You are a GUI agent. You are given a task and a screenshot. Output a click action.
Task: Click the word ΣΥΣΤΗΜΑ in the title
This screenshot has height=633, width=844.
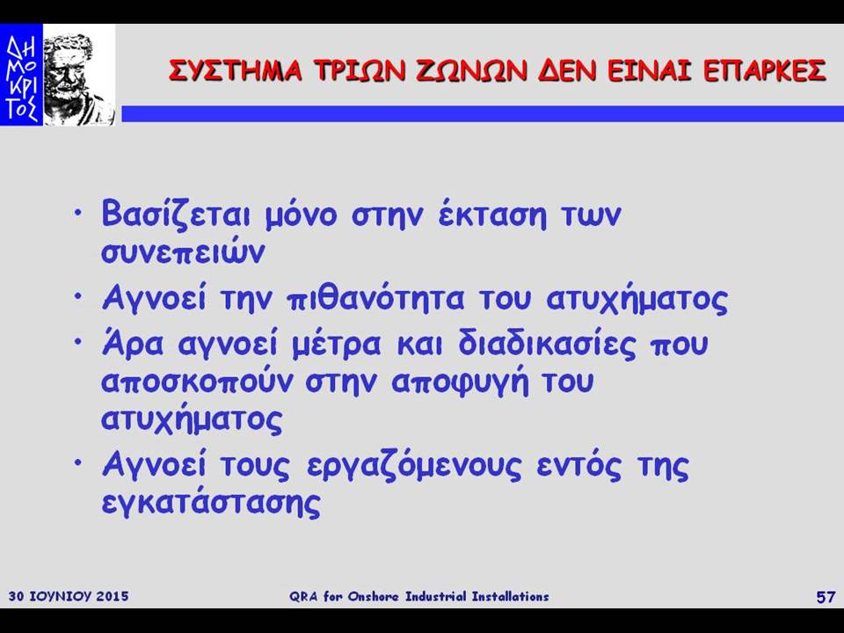click(x=236, y=70)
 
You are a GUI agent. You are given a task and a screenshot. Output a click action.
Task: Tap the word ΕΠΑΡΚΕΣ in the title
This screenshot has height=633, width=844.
click(x=765, y=70)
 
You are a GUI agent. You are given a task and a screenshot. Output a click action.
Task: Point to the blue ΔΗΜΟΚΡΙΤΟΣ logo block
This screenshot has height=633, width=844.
click(x=21, y=75)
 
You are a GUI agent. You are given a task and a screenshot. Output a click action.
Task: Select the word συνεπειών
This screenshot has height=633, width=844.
click(x=183, y=251)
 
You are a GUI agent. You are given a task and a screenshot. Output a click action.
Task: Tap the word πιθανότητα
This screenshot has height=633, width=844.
click(x=375, y=299)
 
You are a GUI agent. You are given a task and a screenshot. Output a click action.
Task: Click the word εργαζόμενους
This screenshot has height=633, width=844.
click(x=414, y=466)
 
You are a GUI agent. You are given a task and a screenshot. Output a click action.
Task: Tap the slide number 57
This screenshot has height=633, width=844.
click(x=826, y=597)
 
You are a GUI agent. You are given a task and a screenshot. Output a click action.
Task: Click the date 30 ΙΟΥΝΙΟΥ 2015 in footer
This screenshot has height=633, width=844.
click(x=69, y=596)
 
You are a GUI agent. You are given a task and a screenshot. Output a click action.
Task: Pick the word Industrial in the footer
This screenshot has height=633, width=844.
click(x=437, y=596)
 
